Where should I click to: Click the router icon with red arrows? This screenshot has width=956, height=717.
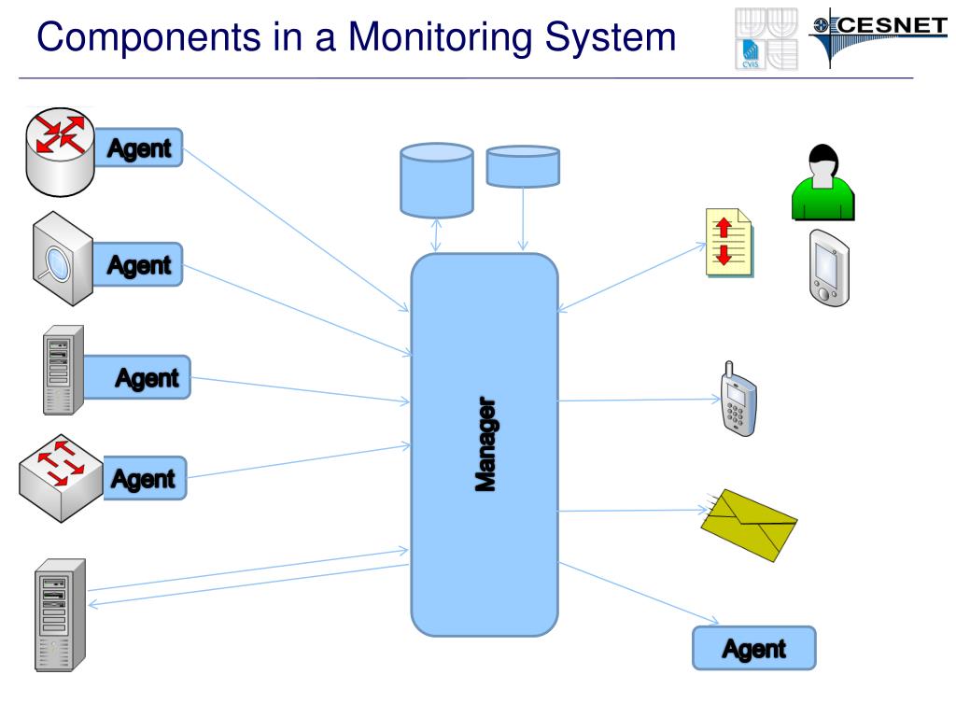point(60,152)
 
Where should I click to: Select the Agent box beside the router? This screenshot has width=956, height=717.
point(139,148)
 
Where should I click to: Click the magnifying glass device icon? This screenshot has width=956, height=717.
point(63,259)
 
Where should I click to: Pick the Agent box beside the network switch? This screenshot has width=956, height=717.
point(144,479)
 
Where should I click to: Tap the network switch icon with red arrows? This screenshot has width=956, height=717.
point(61,478)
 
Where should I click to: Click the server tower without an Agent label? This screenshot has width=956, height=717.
point(60,615)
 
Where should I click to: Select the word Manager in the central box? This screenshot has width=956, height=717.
point(485,443)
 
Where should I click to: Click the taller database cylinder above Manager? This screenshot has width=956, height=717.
point(437,180)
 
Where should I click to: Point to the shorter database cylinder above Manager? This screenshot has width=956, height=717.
point(523,166)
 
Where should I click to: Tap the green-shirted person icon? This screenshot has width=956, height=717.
point(822,182)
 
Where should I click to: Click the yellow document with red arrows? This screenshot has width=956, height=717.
point(729,242)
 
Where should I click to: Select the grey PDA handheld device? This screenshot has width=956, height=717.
point(829,268)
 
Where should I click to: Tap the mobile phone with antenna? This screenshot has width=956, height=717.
point(738,400)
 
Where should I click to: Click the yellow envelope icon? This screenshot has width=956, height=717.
point(749,525)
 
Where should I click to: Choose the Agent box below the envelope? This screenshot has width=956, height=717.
point(754,648)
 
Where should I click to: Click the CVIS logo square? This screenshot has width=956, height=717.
point(751,54)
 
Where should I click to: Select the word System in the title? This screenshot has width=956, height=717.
point(611,37)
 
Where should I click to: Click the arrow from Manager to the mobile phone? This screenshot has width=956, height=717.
point(639,400)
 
